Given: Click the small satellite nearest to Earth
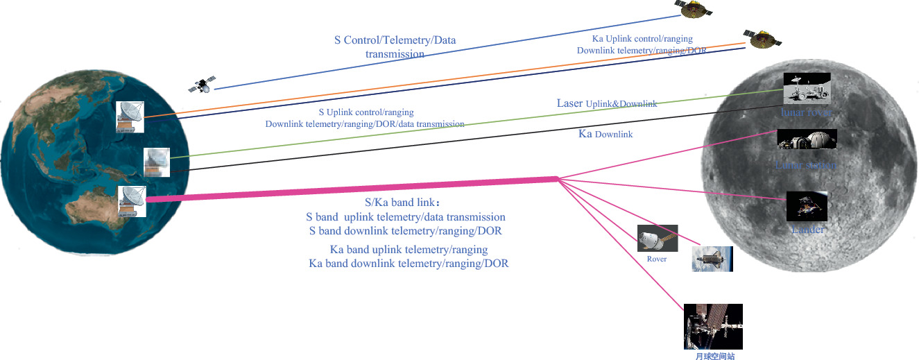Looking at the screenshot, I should pyautogui.click(x=201, y=86).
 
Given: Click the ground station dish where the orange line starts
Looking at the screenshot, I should pyautogui.click(x=130, y=117).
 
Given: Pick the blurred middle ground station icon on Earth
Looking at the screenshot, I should pyautogui.click(x=157, y=162).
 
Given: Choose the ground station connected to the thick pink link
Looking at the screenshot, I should pyautogui.click(x=131, y=201).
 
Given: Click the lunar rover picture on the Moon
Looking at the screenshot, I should pyautogui.click(x=807, y=88).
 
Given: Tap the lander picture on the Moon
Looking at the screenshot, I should pyautogui.click(x=807, y=206).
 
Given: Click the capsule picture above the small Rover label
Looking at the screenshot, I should pyautogui.click(x=657, y=238).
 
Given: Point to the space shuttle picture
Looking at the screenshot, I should pyautogui.click(x=712, y=258).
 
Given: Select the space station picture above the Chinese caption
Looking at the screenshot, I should pyautogui.click(x=712, y=326).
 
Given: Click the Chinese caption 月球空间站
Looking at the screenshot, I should pyautogui.click(x=714, y=356).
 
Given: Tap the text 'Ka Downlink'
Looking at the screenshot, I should pyautogui.click(x=605, y=134).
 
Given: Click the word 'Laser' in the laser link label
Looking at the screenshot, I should pyautogui.click(x=569, y=103).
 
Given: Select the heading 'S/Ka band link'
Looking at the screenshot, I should pyautogui.click(x=402, y=203).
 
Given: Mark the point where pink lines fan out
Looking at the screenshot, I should pyautogui.click(x=558, y=179).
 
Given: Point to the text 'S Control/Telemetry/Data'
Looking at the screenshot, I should pyautogui.click(x=395, y=40).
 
